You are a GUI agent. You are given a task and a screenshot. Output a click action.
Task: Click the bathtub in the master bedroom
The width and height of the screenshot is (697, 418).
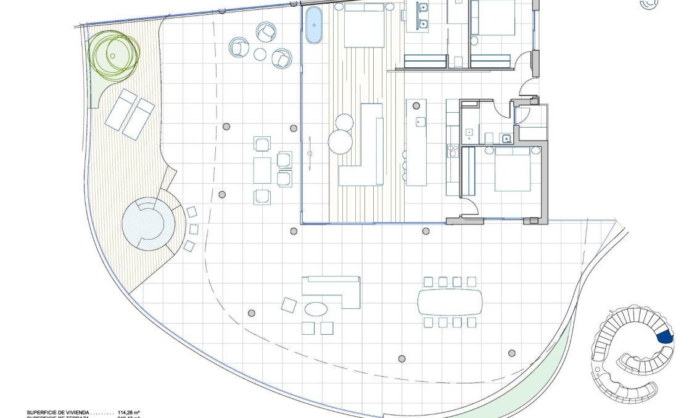tap(313, 25)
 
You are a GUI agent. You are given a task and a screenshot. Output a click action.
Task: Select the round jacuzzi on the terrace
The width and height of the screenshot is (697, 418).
tap(148, 223)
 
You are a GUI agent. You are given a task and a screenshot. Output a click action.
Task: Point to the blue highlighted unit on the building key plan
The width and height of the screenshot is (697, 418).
tap(664, 337)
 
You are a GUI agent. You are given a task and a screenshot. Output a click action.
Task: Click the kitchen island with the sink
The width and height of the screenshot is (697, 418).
tap(416, 142)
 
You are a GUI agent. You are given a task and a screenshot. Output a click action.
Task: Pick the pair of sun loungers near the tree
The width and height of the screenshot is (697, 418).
tap(130, 114)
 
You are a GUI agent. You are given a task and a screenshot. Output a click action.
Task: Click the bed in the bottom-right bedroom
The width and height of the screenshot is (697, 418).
tap(512, 170)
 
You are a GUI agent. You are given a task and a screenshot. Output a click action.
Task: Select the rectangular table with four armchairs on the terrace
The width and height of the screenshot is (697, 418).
tap(262, 170)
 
